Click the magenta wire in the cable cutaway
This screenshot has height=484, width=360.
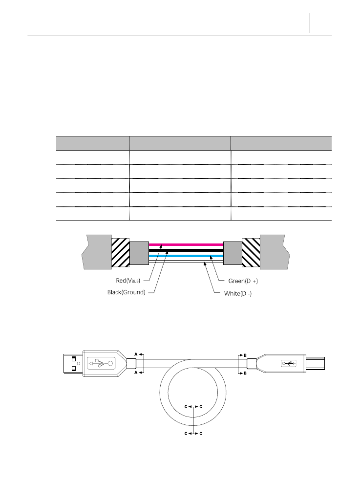(x=186, y=243)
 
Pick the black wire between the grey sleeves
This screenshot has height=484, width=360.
(x=186, y=249)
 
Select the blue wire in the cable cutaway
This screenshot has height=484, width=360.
(x=186, y=256)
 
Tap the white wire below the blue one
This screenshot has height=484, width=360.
(x=186, y=262)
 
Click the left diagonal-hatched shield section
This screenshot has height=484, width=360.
(x=120, y=252)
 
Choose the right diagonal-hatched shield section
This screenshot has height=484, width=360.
(x=251, y=252)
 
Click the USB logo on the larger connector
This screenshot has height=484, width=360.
(x=100, y=363)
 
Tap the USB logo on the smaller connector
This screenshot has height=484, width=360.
(x=289, y=363)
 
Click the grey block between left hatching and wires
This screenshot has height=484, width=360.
(x=139, y=252)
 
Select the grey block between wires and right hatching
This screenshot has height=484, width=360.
(x=232, y=252)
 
